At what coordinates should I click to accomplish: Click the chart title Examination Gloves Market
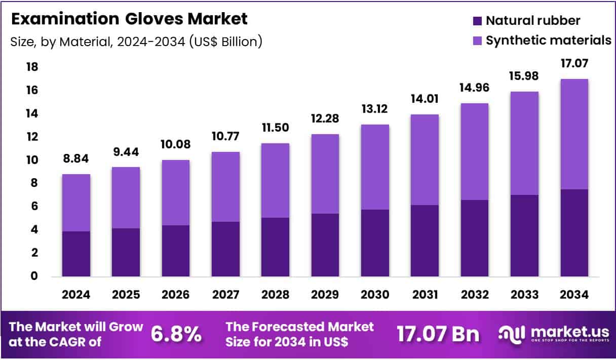tap(129, 19)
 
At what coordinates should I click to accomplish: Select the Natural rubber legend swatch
tap(477, 21)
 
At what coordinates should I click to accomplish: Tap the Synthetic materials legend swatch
tap(477, 41)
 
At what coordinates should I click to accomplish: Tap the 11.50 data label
tap(275, 128)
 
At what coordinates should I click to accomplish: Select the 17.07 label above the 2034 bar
tap(574, 64)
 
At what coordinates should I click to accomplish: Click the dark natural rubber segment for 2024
tap(76, 254)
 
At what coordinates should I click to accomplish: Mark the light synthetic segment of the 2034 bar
tap(574, 134)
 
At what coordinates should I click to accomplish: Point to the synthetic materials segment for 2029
tap(325, 174)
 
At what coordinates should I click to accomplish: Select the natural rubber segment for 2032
tap(474, 238)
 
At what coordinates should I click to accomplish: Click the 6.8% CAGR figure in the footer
tap(176, 334)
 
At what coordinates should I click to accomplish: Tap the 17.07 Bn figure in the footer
tap(437, 334)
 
